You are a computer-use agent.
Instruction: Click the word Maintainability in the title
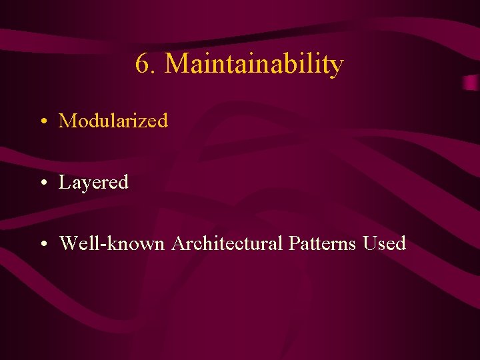pos(254,64)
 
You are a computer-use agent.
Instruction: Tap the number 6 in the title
pos(142,64)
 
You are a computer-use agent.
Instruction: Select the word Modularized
pos(113,121)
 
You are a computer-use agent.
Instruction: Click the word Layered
pos(93,182)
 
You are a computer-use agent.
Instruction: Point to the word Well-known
pos(112,243)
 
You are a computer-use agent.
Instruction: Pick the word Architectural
pos(227,243)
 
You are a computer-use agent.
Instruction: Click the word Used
pos(385,243)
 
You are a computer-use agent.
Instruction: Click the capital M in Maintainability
pos(176,64)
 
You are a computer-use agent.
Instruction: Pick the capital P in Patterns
pos(294,243)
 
